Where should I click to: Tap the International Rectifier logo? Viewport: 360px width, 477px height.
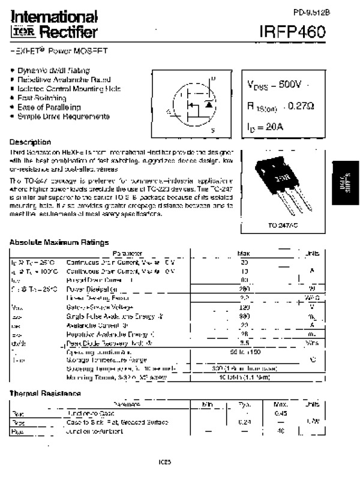click(x=53, y=25)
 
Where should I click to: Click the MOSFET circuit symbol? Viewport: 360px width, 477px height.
click(x=193, y=105)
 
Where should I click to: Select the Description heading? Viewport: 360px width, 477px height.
click(x=30, y=142)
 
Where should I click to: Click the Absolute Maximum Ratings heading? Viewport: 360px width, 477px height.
click(x=59, y=242)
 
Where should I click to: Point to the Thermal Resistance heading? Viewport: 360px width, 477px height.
click(x=45, y=393)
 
